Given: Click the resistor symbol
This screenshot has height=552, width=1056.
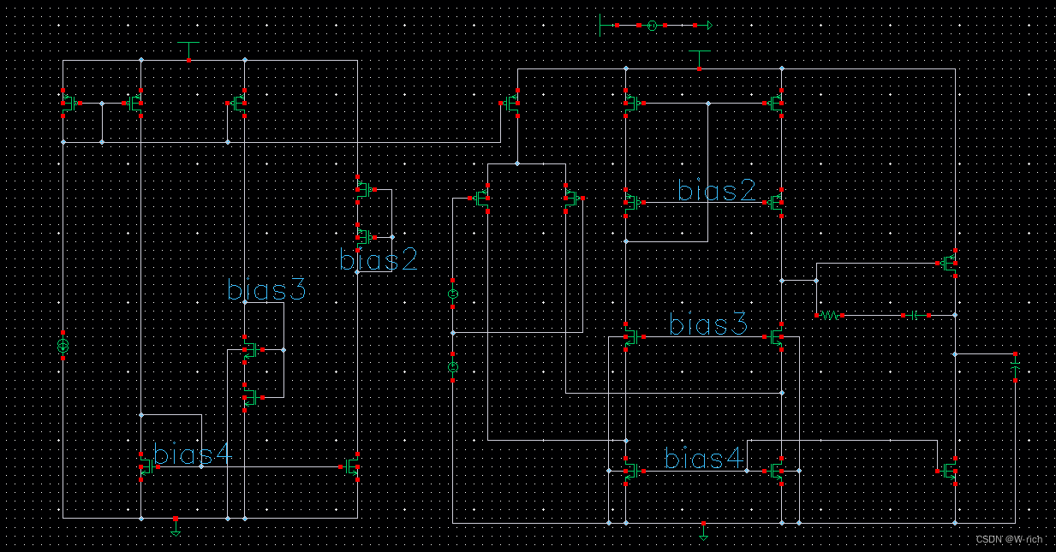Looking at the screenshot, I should (x=829, y=316).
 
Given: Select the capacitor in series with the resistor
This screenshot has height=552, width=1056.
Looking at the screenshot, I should (x=915, y=316).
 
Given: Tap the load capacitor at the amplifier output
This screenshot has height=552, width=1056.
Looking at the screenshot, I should (x=1015, y=366).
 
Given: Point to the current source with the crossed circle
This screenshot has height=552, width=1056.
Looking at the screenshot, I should (x=63, y=346).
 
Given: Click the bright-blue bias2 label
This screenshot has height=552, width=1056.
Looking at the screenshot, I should (x=378, y=259).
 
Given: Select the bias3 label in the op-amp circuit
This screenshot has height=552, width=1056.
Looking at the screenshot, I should (x=708, y=325).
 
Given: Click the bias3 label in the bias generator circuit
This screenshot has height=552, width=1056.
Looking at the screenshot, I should (x=266, y=290).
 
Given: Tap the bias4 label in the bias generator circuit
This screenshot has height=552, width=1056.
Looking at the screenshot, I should (x=192, y=455).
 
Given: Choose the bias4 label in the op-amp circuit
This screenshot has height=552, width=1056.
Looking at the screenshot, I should (x=704, y=460).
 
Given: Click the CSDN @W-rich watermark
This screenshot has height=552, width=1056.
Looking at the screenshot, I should (x=1009, y=539).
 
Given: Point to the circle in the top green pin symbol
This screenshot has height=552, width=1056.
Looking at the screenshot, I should (x=651, y=26).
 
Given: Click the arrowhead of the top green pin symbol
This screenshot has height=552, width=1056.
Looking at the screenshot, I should (x=708, y=26).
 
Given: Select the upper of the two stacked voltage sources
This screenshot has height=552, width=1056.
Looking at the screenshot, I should (x=453, y=294).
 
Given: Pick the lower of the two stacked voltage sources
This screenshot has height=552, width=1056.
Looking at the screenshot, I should (x=453, y=366).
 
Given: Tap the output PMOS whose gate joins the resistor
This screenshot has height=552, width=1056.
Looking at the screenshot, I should (x=949, y=263).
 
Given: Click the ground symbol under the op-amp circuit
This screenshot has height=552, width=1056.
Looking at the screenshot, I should (x=703, y=534).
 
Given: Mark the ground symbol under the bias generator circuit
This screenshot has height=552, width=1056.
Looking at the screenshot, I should (x=176, y=529).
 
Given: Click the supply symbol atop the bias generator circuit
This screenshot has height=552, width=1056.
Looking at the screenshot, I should (x=188, y=47).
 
